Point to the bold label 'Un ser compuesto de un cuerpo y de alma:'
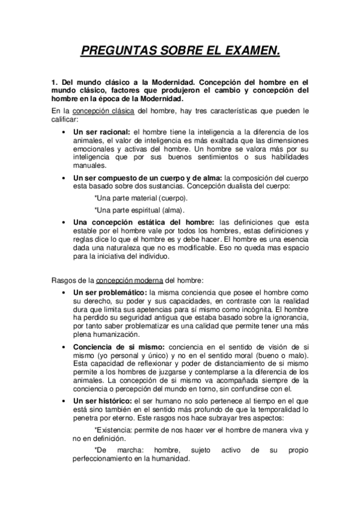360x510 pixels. click(147, 178)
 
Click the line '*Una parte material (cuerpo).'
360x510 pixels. click(141, 198)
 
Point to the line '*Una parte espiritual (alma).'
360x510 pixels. click(139, 210)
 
